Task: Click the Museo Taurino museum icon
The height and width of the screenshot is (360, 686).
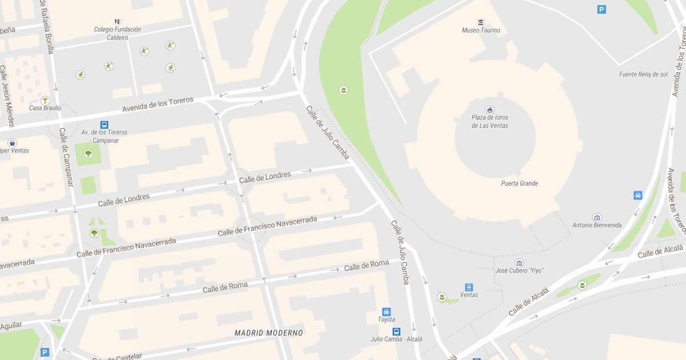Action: pyautogui.click(x=481, y=22)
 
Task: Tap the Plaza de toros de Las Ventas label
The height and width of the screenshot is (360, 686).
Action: pyautogui.click(x=490, y=122)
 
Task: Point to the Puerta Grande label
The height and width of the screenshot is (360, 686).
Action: pyautogui.click(x=519, y=183)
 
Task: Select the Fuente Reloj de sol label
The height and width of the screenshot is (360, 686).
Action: pyautogui.click(x=643, y=74)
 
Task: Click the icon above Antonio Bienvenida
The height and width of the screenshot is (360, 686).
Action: pyautogui.click(x=597, y=218)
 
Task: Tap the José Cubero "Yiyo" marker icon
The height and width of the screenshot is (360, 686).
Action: pyautogui.click(x=519, y=263)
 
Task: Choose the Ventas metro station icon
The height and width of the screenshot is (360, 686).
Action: pyautogui.click(x=469, y=287)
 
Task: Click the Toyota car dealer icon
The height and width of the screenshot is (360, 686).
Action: pyautogui.click(x=386, y=312)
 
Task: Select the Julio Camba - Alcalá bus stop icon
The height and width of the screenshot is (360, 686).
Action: pyautogui.click(x=396, y=331)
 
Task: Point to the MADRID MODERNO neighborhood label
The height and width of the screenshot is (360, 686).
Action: pyautogui.click(x=269, y=333)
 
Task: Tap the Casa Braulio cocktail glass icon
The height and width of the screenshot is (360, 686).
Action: pyautogui.click(x=45, y=100)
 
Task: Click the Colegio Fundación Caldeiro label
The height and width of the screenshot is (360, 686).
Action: pyautogui.click(x=118, y=33)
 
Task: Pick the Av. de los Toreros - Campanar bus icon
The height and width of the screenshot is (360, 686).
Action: pyautogui.click(x=104, y=125)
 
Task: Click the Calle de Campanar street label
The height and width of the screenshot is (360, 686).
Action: pyautogui.click(x=66, y=157)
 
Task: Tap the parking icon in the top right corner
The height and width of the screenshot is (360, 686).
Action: pyautogui.click(x=601, y=9)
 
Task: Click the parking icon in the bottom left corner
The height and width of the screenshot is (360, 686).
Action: pyautogui.click(x=45, y=353)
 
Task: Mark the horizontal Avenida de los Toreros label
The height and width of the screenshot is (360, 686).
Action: pyautogui.click(x=158, y=105)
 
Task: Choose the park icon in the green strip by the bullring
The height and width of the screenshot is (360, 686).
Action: pyautogui.click(x=343, y=90)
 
